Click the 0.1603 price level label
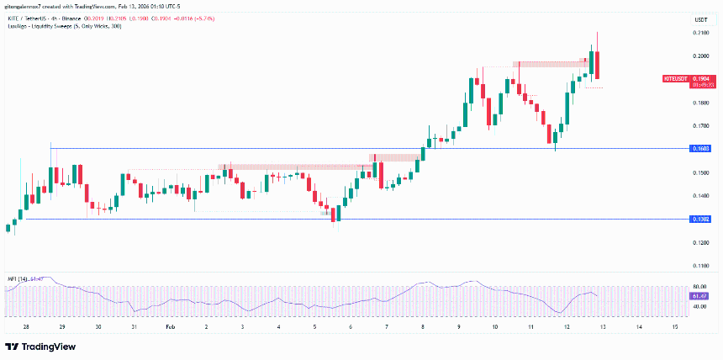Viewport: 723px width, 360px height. tap(699, 149)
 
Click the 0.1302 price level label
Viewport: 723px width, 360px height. tap(699, 219)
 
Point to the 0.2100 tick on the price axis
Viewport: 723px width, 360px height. tap(699, 33)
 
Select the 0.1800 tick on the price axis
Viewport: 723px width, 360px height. tap(699, 103)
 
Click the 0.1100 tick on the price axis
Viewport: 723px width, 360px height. tap(699, 265)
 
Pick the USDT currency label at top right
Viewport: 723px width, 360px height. tap(699, 19)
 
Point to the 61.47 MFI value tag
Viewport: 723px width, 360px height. tap(699, 297)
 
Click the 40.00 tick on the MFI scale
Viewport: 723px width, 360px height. tap(699, 307)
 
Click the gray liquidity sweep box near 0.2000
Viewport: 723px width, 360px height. tap(551, 63)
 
